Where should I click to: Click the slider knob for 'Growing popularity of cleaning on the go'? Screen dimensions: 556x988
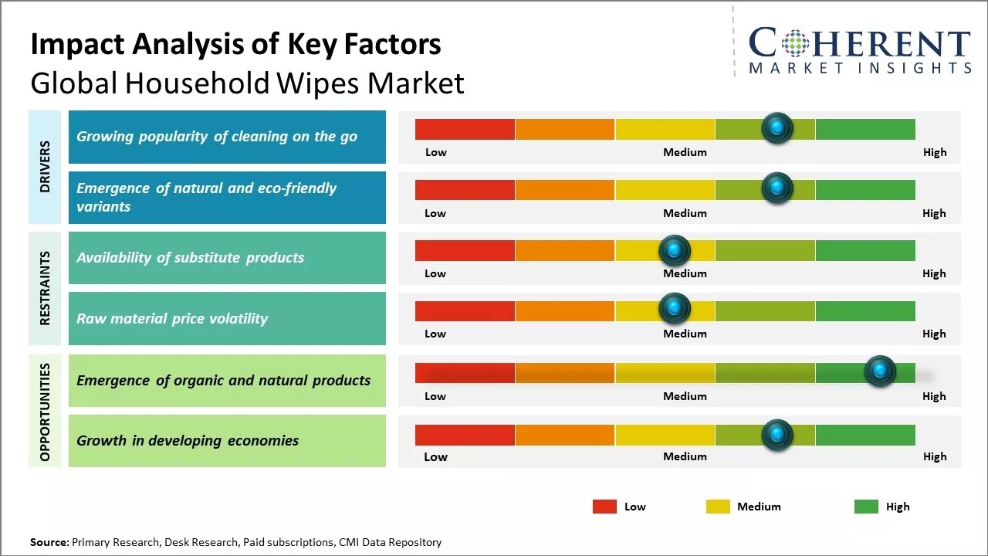(x=777, y=127)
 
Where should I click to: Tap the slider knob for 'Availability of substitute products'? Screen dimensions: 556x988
(x=675, y=250)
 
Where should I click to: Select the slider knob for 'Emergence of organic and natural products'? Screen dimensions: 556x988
(x=880, y=371)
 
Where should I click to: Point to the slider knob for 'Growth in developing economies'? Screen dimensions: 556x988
(x=777, y=435)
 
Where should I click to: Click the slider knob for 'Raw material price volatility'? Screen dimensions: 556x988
(x=675, y=309)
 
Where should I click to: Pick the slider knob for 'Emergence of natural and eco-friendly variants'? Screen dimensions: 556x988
(x=777, y=188)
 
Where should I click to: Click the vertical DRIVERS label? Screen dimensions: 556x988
(x=45, y=167)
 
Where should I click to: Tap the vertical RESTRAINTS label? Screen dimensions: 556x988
(x=45, y=288)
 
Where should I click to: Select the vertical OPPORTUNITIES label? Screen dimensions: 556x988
(x=45, y=412)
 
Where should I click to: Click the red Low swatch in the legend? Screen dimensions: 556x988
(x=604, y=507)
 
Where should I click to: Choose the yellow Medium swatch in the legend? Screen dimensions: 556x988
(x=718, y=507)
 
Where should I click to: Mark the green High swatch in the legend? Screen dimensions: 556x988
(x=866, y=507)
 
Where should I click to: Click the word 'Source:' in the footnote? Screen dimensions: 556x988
(x=49, y=542)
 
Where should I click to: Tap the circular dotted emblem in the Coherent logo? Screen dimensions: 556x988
(x=794, y=42)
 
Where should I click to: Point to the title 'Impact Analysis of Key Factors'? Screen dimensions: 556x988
(x=235, y=45)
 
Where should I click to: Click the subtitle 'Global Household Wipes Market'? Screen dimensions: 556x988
(x=247, y=83)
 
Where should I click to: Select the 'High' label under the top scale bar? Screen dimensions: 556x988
(x=935, y=152)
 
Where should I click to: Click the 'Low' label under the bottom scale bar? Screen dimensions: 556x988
(x=435, y=456)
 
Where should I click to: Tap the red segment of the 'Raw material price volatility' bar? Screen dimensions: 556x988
(x=465, y=310)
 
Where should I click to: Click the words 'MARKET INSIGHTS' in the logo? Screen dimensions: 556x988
(x=860, y=68)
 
